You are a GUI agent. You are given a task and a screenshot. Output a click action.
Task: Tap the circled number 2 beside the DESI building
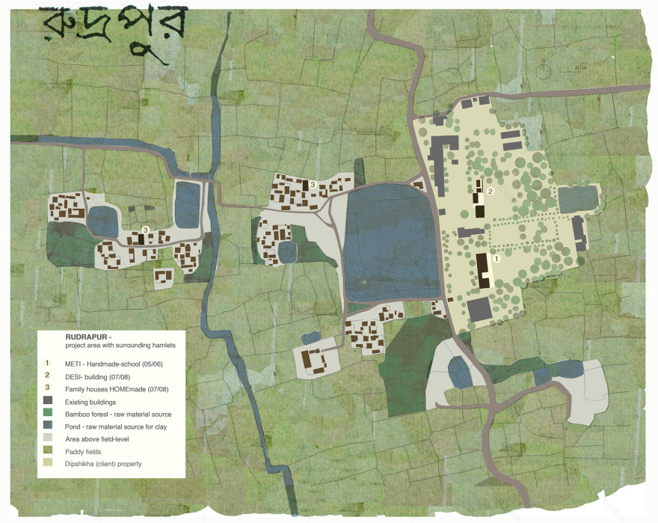[491, 192]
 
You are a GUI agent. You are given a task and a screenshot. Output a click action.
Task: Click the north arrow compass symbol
[544, 70]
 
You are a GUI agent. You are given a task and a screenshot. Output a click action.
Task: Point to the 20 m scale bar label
[580, 68]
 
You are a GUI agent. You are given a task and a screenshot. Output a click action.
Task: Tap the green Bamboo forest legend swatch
[47, 414]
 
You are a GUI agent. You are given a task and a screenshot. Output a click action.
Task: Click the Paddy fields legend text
[83, 451]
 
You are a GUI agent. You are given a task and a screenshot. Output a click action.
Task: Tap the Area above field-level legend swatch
[47, 438]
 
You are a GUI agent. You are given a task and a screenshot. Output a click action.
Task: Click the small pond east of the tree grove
[578, 199]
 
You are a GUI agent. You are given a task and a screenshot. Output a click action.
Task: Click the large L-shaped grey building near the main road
[445, 153]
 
